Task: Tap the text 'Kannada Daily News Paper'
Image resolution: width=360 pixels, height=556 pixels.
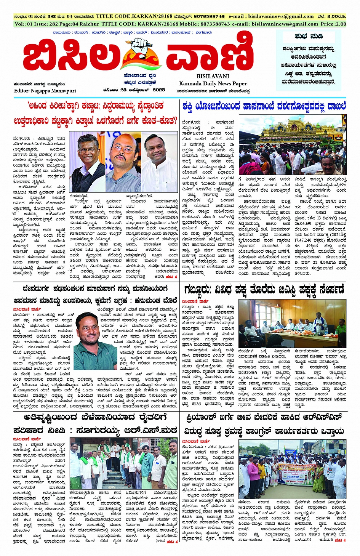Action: click(x=213, y=83)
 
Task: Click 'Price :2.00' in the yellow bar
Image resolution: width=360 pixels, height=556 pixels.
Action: click(x=333, y=24)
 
